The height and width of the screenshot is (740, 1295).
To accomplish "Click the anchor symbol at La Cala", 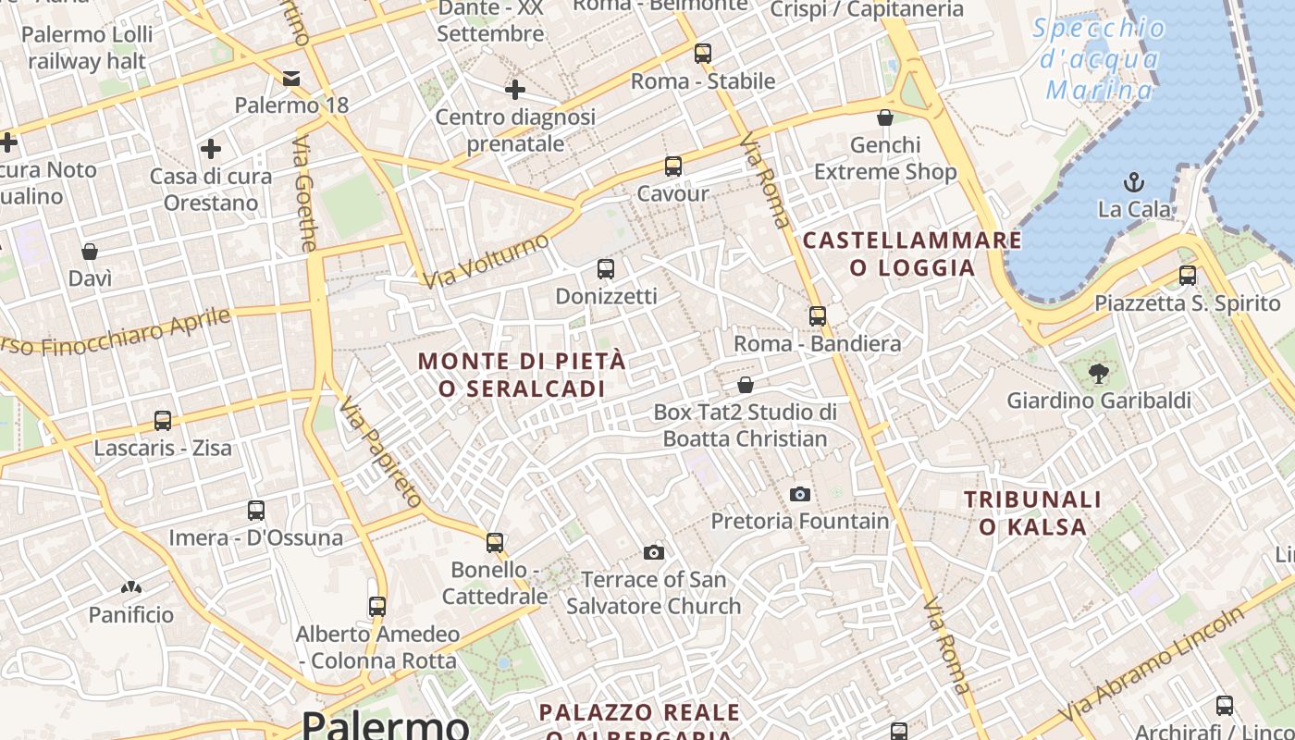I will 1134,182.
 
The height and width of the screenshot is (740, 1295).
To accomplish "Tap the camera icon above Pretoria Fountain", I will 800,494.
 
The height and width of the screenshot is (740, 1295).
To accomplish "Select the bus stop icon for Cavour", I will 673,166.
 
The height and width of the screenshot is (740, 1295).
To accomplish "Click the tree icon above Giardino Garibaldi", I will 1098,374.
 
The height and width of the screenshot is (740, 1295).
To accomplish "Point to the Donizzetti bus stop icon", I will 606,269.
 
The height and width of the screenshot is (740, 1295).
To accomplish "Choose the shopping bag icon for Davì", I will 90,252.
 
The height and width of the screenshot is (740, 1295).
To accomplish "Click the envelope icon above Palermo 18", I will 291,79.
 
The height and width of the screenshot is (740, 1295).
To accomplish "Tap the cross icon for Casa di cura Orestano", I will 211,148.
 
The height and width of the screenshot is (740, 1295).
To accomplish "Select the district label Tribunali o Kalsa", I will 1033,513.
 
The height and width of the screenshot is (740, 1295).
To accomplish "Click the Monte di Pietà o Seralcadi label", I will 523,375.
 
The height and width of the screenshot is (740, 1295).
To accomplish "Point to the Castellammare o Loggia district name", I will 913,254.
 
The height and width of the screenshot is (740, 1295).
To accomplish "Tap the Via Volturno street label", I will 486,260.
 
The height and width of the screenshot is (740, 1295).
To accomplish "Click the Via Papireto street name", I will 380,452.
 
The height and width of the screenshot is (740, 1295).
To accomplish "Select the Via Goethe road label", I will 305,194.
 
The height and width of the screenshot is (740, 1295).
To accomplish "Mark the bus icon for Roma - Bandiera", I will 818,316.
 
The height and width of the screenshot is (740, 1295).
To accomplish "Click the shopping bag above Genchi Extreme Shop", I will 885,117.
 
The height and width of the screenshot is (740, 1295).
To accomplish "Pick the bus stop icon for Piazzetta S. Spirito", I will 1188,275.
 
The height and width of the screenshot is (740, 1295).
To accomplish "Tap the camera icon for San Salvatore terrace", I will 654,552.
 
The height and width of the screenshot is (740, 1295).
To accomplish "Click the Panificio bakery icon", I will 130,586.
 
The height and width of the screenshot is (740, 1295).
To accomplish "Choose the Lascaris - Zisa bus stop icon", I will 163,421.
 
